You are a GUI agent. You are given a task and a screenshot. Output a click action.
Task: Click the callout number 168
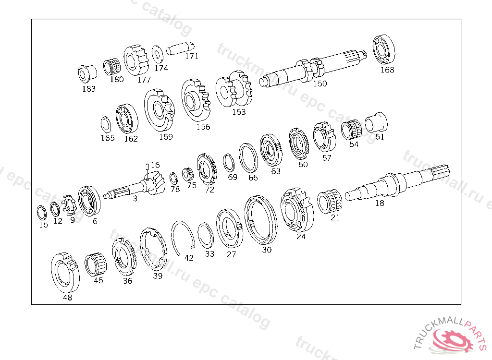pos(387,70)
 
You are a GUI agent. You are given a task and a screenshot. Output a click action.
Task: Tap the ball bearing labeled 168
pos(384,49)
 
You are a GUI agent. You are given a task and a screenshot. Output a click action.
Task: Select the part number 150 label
pos(320,84)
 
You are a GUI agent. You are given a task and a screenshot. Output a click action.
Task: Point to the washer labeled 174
pos(158,54)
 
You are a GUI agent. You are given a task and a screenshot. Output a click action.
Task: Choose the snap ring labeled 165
pos(106,124)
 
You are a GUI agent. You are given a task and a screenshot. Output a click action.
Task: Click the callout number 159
pos(166,137)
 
